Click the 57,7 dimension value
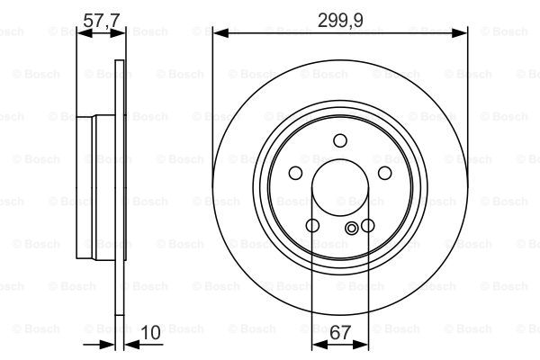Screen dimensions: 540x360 tap(101, 20)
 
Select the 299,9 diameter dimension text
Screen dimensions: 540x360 tap(340, 20)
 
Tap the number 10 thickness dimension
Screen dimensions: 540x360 tap(151, 332)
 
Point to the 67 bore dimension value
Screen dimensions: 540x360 tap(340, 332)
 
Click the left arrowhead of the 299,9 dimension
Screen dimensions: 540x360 tap(220, 33)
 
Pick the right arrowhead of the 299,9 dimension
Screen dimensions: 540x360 tap(459, 33)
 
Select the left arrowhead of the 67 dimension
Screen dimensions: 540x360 tap(319, 344)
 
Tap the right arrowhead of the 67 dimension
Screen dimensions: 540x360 tap(361, 344)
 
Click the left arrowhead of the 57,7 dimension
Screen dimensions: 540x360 tap(85, 33)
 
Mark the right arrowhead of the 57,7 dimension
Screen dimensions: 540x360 tap(117, 33)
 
